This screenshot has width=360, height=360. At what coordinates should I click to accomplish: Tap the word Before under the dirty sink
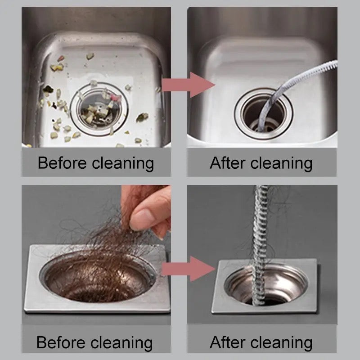pyautogui.click(x=61, y=162)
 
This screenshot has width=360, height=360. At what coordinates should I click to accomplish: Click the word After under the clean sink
pyautogui.click(x=227, y=162)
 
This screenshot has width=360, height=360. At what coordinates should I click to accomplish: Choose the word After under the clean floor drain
pyautogui.click(x=227, y=342)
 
